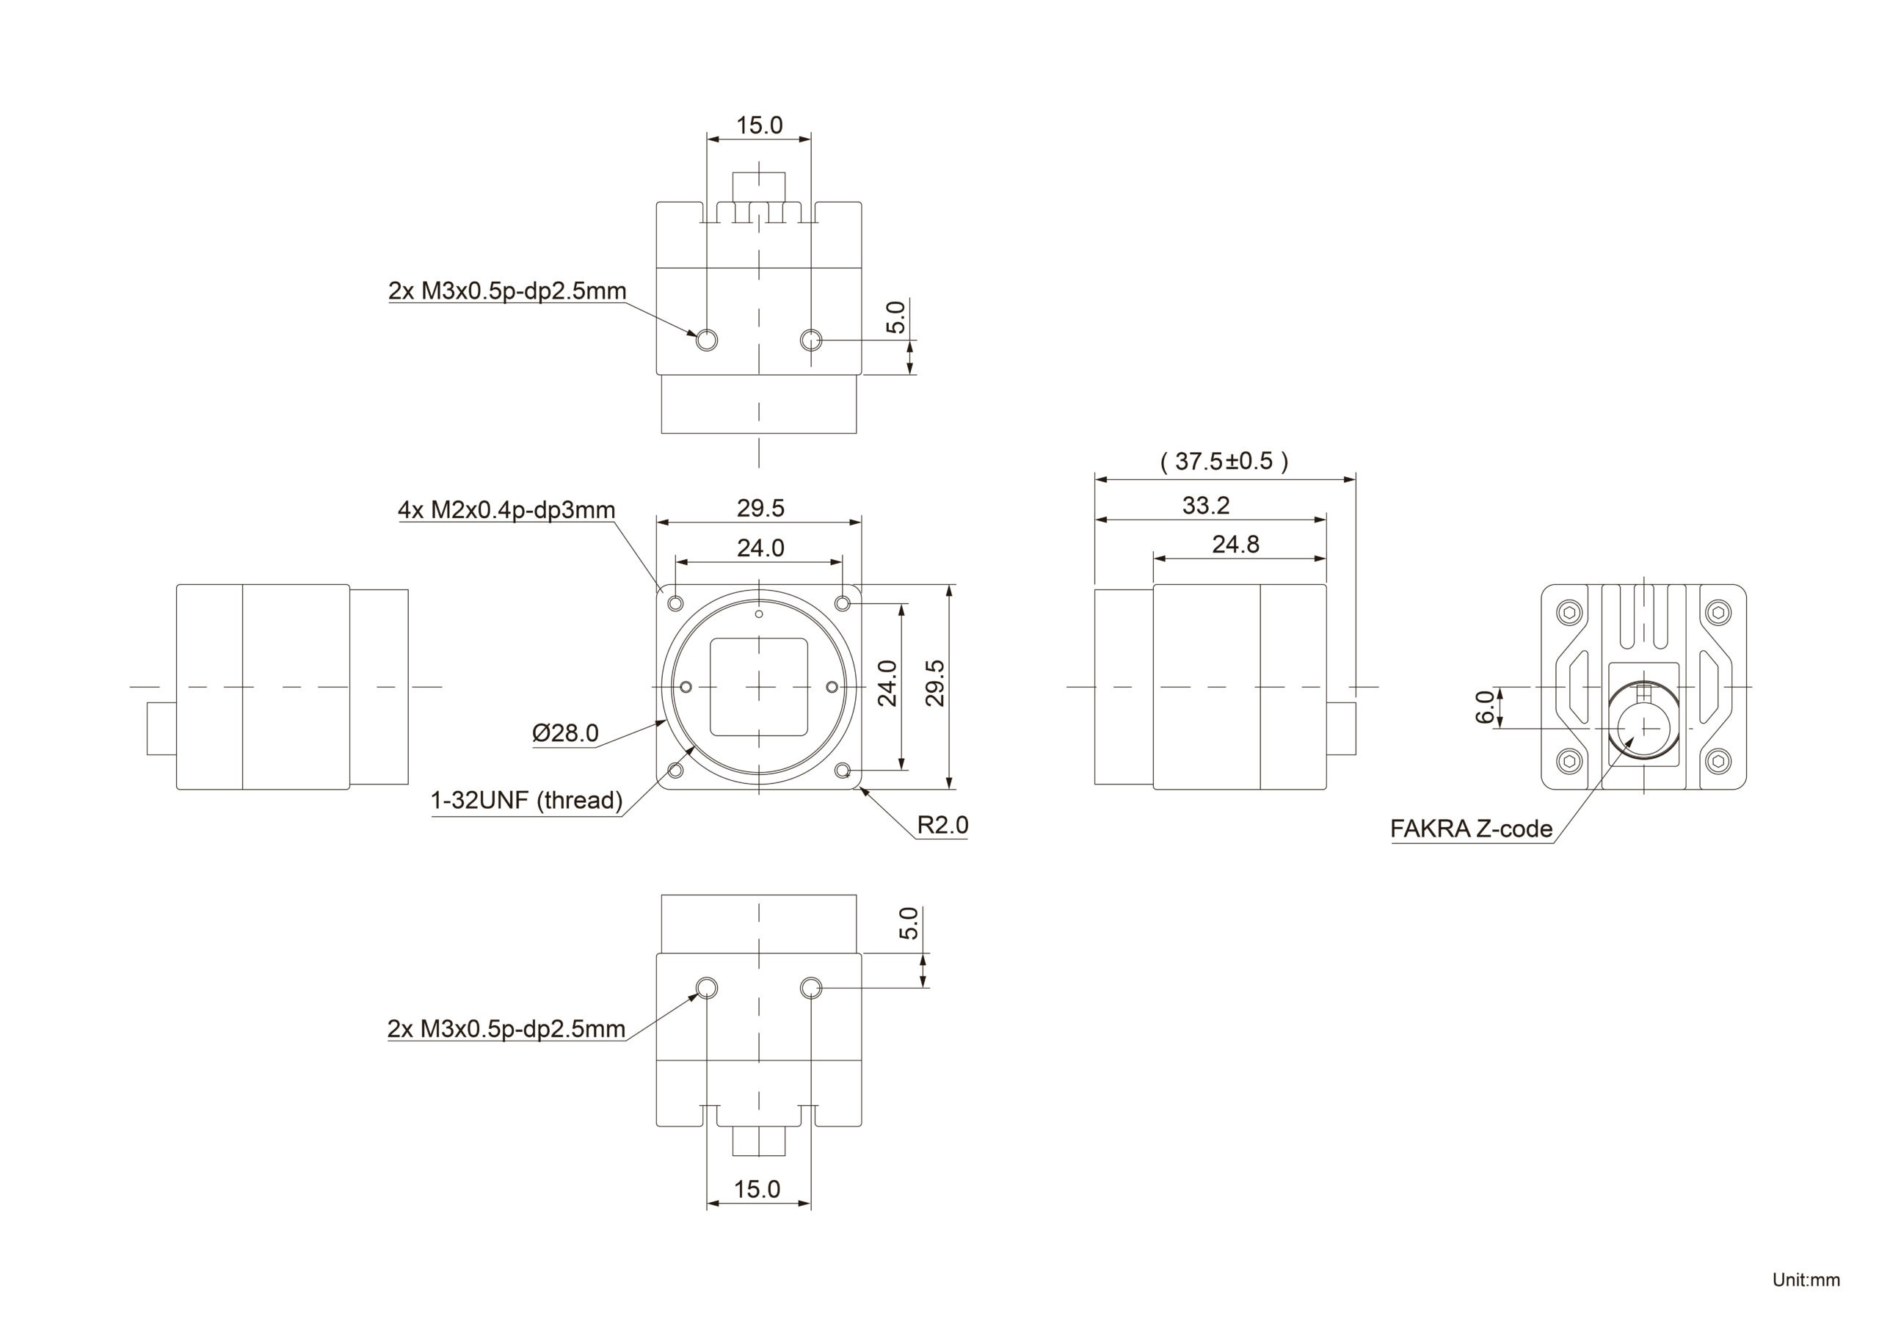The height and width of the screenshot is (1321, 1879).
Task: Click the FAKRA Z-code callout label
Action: pos(1471,829)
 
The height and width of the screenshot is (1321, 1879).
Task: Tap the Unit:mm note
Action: pos(1806,1279)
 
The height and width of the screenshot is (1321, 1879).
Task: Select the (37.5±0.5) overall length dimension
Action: pos(1224,462)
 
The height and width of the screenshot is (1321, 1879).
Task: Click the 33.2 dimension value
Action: pos(1205,506)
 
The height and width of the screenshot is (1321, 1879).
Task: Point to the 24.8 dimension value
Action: pos(1235,545)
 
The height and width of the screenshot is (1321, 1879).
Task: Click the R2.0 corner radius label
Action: pos(942,825)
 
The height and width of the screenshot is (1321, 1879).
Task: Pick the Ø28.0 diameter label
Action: pos(564,732)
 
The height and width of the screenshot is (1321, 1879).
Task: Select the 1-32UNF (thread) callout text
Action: pos(526,801)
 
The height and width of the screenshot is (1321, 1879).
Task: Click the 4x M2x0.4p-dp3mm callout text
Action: pos(506,510)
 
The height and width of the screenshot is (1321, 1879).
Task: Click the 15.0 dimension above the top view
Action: pos(759,125)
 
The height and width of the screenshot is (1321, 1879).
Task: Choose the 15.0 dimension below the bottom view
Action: pos(757,1188)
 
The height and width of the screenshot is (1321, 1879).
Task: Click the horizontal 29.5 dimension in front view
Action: pos(760,509)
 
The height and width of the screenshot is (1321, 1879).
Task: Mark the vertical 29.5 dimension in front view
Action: pos(935,683)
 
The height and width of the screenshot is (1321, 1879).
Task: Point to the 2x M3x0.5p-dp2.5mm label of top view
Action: pos(506,291)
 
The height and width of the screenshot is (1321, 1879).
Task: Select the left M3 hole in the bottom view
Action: pos(707,989)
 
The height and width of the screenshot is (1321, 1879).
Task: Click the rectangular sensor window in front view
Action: pos(759,687)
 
